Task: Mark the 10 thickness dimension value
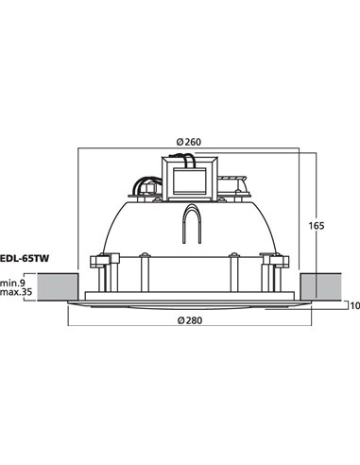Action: [353, 305]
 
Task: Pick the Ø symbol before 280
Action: [180, 321]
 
